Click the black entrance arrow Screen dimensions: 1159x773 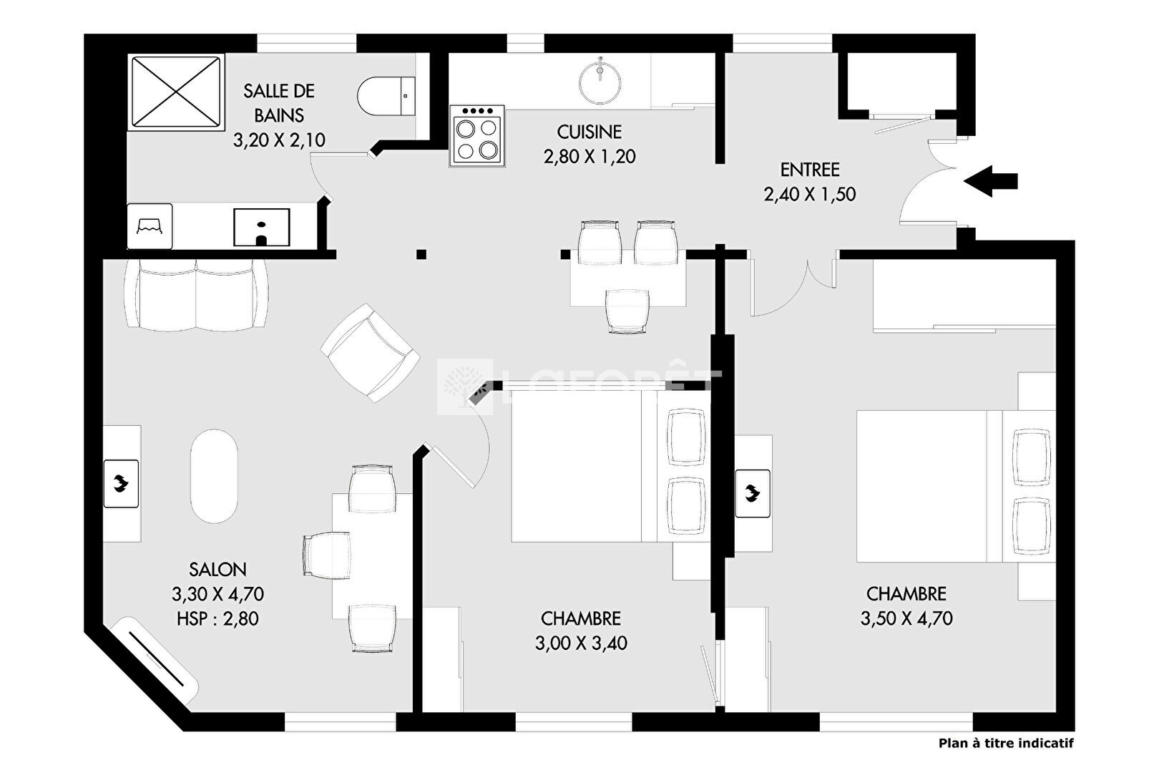[990, 181]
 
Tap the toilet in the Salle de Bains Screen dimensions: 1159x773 [386, 97]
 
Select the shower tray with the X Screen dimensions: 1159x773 [176, 92]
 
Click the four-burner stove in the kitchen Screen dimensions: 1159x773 [476, 136]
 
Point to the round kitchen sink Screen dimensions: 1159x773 [600, 82]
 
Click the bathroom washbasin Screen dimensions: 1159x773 [261, 228]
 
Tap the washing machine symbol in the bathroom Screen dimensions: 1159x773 [150, 226]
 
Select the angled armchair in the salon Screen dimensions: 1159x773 [370, 353]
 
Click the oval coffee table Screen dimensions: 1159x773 [214, 476]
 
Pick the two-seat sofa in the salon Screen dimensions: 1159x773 [196, 295]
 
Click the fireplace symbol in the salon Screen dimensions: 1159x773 [121, 484]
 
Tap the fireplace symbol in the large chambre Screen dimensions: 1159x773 [753, 493]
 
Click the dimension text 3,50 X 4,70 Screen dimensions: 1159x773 [906, 618]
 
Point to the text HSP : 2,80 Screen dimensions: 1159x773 [217, 618]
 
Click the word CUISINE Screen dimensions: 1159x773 [590, 132]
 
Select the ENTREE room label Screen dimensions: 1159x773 [810, 170]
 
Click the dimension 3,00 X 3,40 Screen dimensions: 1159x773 [581, 643]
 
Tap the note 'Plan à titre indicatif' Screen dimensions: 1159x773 [1006, 744]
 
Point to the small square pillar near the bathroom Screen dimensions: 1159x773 [421, 254]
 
